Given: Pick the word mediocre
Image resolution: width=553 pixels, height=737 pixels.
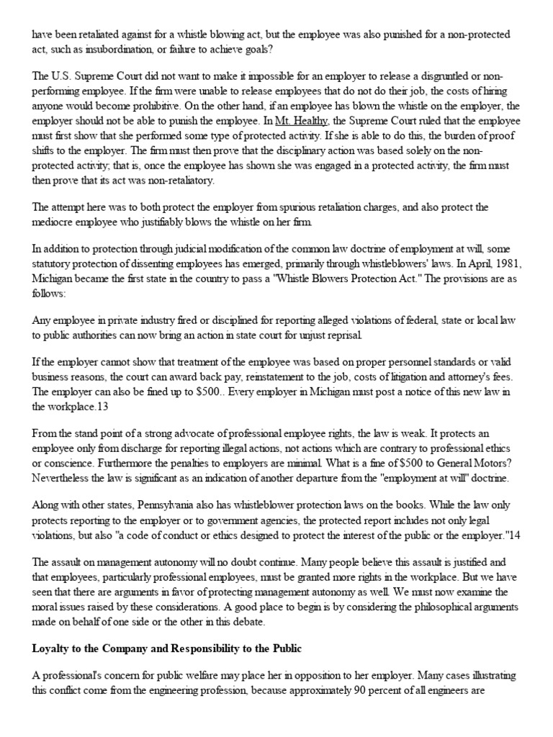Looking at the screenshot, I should click(x=58, y=222).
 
